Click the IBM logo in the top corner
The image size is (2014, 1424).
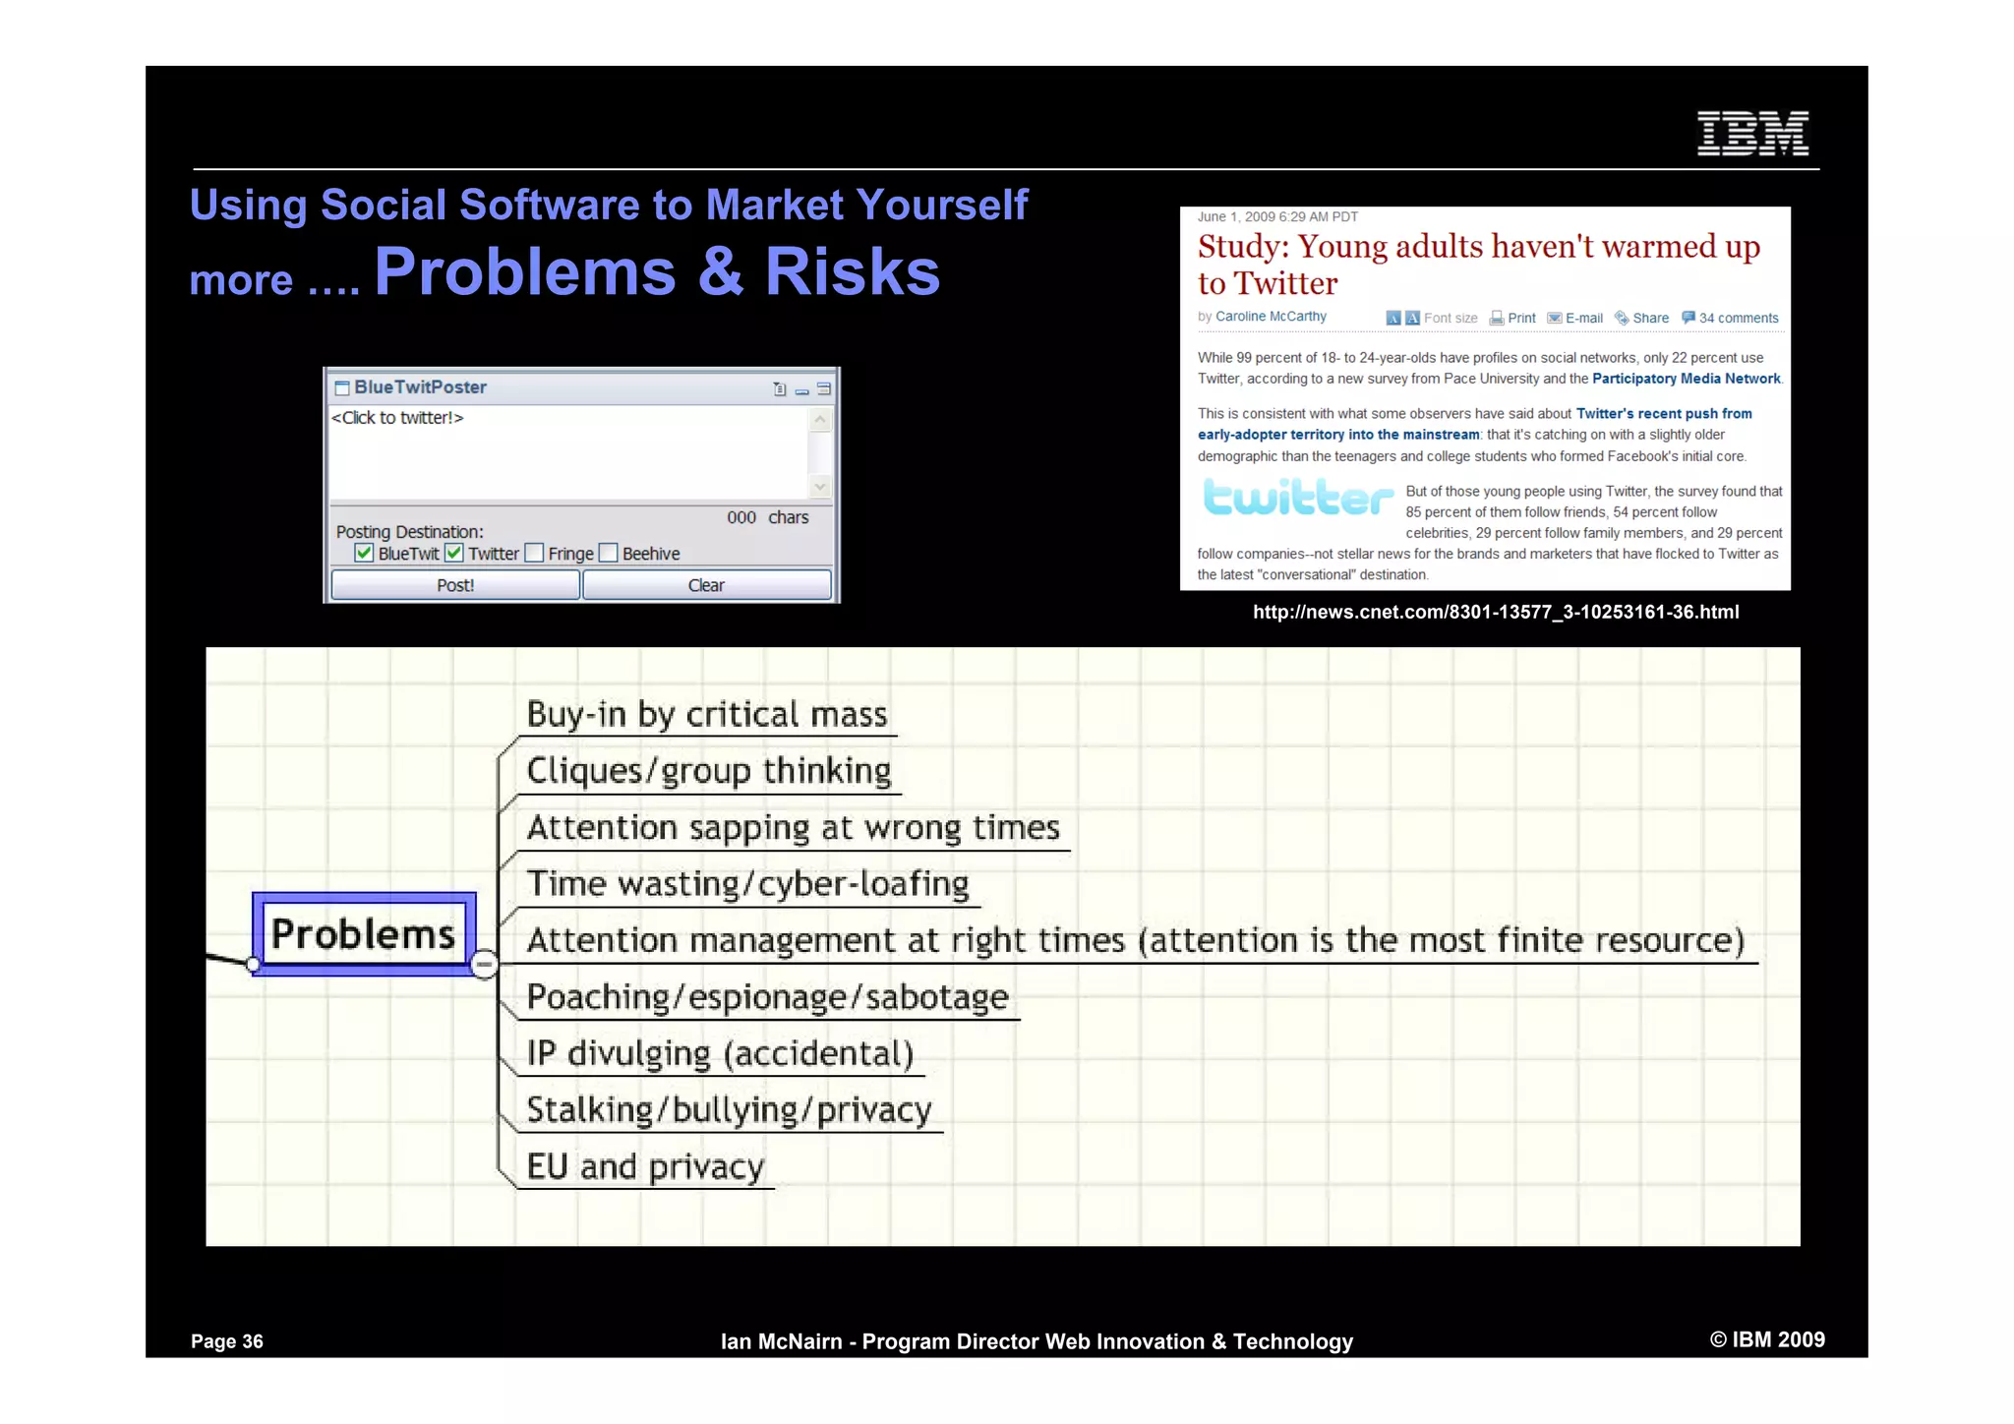coord(1752,133)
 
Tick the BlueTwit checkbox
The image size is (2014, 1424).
coord(364,553)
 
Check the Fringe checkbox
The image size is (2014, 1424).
coord(534,553)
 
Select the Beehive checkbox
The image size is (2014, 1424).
coord(609,553)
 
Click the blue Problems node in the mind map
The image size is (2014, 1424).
coord(364,934)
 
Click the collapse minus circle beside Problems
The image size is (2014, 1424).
coord(484,964)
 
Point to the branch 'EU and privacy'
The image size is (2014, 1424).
coord(645,1166)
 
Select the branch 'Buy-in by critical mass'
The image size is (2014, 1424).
coord(706,714)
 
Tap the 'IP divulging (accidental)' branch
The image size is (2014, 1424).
coord(720,1053)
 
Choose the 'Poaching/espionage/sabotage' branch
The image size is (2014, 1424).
coord(767,997)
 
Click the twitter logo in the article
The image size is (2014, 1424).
coord(1298,498)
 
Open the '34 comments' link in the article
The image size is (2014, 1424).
coord(1738,318)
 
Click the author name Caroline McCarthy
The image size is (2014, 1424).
coord(1271,317)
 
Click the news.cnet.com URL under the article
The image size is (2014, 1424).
coord(1495,612)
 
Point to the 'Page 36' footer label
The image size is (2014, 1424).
coord(227,1341)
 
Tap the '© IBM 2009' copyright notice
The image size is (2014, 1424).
coord(1767,1339)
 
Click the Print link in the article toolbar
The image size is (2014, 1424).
coord(1520,318)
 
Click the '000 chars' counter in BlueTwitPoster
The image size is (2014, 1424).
coord(767,517)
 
